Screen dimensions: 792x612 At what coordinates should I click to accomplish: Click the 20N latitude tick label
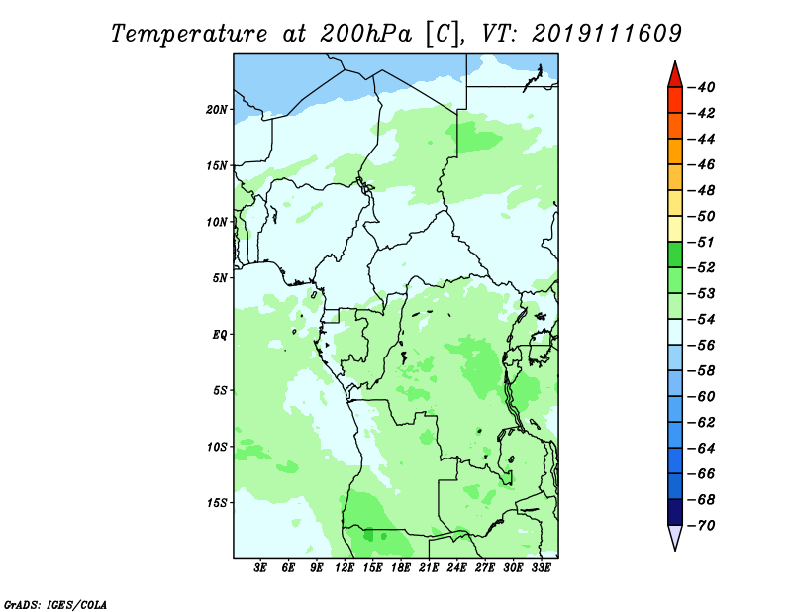(217, 110)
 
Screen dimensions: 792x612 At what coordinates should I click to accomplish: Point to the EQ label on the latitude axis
(220, 335)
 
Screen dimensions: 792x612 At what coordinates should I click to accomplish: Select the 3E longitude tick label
(260, 567)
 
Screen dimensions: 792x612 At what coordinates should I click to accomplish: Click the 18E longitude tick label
(401, 567)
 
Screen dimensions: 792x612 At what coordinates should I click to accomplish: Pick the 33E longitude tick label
(541, 567)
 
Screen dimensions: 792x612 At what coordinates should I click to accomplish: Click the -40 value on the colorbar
(702, 87)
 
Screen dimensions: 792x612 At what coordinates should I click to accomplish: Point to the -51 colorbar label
(702, 242)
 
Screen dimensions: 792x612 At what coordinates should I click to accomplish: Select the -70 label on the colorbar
(702, 526)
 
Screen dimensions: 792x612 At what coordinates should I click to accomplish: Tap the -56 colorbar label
(702, 346)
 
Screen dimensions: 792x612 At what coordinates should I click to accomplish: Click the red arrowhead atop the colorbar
(675, 76)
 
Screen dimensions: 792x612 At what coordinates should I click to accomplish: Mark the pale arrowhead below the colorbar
(675, 537)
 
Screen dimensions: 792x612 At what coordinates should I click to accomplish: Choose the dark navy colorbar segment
(675, 512)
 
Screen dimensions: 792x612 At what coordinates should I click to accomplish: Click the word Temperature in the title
(189, 34)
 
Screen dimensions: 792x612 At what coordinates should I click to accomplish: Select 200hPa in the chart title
(365, 34)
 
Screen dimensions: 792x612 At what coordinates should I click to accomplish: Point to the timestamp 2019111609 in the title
(607, 34)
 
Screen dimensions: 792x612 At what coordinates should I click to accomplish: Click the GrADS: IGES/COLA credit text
(55, 604)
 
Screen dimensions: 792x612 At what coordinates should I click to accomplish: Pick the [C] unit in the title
(443, 35)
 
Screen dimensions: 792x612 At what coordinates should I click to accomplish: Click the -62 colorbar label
(702, 423)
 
